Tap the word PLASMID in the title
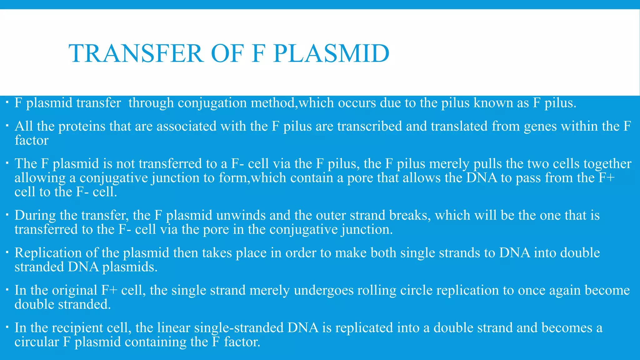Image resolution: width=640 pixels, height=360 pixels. coord(331,53)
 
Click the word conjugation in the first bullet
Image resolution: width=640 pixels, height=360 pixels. coord(212,103)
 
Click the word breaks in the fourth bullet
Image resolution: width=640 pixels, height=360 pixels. coord(410,215)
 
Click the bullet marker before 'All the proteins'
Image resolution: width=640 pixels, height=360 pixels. coord(7,126)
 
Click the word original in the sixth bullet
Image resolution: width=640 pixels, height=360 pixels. coord(75,290)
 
